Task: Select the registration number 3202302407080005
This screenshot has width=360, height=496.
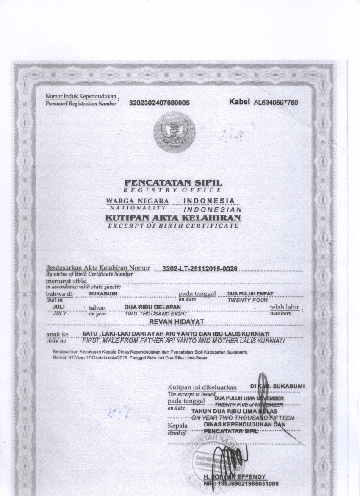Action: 159,103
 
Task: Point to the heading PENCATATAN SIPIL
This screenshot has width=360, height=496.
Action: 173,183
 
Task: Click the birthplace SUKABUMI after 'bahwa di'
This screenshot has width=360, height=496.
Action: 100,293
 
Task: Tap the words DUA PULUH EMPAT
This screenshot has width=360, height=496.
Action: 250,293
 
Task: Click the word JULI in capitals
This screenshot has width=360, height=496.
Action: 58,307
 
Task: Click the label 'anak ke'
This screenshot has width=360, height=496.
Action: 57,334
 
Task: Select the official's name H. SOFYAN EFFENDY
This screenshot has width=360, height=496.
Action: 241,476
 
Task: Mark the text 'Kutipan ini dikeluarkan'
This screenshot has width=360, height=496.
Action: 200,387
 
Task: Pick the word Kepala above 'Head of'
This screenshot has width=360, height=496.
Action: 177,425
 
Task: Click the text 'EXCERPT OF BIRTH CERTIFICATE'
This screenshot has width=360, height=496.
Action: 173,226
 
